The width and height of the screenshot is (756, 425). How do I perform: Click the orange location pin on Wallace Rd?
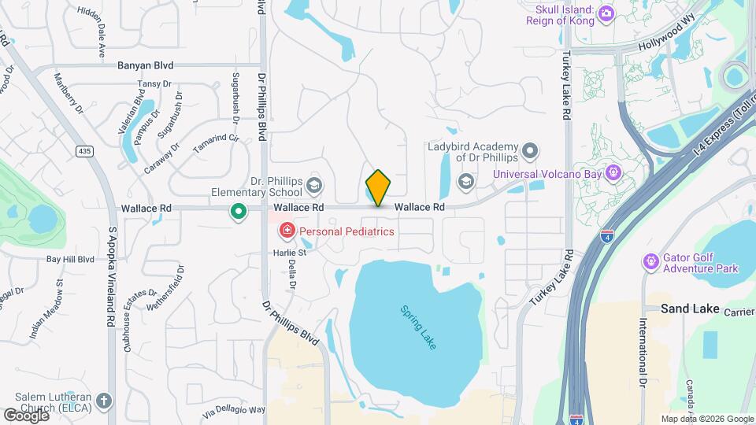(378, 187)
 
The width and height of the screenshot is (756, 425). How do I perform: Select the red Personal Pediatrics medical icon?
(287, 231)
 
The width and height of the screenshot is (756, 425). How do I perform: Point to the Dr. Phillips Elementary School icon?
(314, 186)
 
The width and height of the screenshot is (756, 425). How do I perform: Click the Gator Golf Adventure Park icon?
(650, 261)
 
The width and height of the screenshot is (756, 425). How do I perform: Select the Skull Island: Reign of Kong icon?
(606, 13)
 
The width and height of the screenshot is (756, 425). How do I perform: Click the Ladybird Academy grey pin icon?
(530, 150)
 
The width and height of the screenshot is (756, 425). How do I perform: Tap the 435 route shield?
(84, 150)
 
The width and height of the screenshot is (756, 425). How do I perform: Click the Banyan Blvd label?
(146, 65)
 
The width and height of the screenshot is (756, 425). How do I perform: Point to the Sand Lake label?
(690, 309)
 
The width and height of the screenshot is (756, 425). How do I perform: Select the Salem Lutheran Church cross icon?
(103, 401)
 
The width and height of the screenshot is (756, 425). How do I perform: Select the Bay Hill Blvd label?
(69, 258)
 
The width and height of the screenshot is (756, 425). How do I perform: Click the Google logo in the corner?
(25, 416)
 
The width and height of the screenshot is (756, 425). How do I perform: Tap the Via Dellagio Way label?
(234, 411)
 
